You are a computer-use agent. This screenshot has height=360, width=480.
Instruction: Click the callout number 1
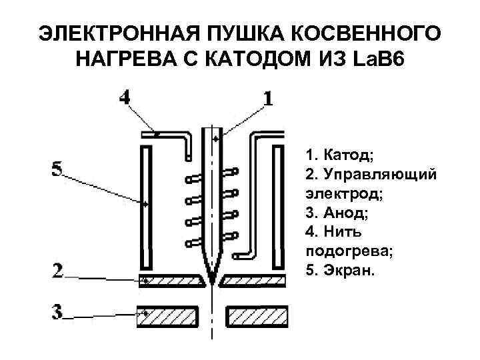click(267, 98)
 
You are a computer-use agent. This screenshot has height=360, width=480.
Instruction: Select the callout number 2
click(58, 270)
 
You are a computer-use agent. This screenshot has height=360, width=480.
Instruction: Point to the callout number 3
click(58, 311)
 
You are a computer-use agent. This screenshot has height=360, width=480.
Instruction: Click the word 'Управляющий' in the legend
click(380, 174)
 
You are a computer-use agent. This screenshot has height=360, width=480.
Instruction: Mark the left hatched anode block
click(168, 317)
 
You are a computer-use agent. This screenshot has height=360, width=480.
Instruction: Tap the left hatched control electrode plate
click(169, 281)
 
